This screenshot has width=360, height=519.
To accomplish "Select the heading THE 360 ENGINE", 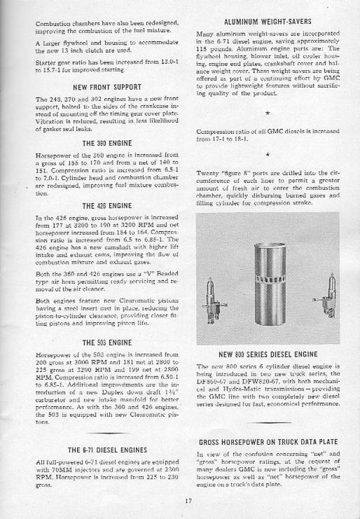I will (99, 142).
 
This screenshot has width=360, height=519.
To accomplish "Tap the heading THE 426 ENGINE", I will (99, 205).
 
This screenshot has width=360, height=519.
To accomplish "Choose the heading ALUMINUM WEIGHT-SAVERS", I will (268, 22).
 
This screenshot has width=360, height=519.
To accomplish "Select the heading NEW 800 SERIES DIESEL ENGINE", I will (268, 354).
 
